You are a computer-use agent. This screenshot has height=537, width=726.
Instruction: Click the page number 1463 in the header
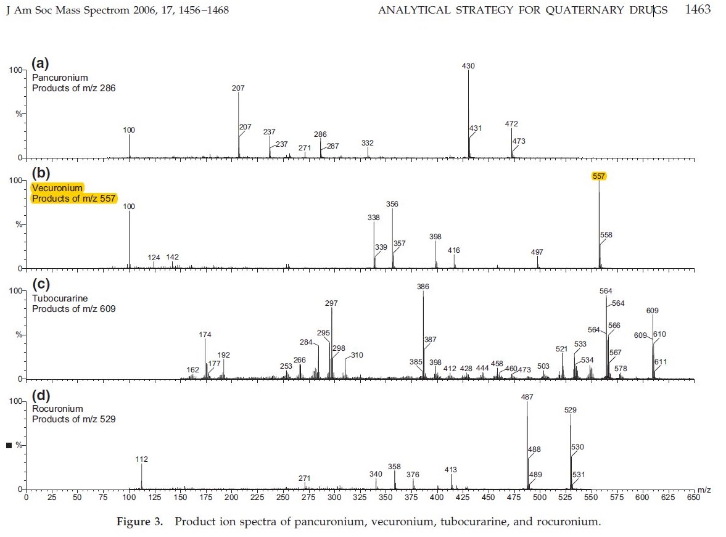click(x=698, y=10)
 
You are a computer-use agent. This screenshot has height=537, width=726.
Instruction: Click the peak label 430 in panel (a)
click(x=468, y=66)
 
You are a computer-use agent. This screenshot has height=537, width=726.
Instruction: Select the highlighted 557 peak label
click(x=598, y=176)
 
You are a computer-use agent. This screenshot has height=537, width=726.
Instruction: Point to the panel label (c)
click(x=41, y=284)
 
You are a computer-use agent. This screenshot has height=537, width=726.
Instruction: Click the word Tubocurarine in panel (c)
click(x=60, y=298)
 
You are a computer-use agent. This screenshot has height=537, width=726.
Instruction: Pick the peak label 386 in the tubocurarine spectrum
click(x=423, y=287)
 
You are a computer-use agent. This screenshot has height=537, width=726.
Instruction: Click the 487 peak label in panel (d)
click(x=527, y=397)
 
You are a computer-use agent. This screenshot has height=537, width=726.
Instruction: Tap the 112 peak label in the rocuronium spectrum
click(x=141, y=459)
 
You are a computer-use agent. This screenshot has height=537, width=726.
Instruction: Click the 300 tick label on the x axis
click(x=334, y=497)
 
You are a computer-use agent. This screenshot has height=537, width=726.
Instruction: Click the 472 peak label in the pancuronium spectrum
click(x=511, y=124)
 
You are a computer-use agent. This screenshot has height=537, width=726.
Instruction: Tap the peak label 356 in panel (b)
click(x=392, y=204)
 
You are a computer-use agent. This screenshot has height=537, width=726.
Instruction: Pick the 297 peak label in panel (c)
click(x=331, y=303)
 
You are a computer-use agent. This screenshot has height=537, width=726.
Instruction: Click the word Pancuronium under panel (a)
click(x=60, y=78)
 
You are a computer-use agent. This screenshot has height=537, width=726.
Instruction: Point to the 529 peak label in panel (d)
click(x=571, y=410)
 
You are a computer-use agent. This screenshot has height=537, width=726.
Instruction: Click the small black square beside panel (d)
click(x=9, y=445)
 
